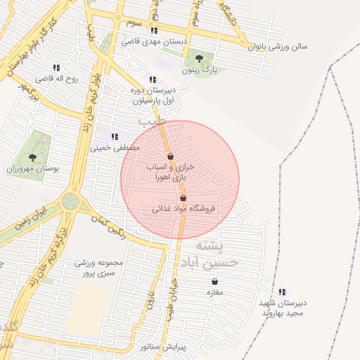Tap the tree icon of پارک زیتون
click(x=200, y=59)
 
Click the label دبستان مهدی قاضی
click(x=155, y=42)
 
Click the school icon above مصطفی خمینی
click(x=115, y=136)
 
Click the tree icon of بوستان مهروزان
click(x=32, y=157)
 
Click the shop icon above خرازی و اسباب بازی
click(x=170, y=156)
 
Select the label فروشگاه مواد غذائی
click(x=184, y=209)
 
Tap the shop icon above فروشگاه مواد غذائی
click(x=184, y=198)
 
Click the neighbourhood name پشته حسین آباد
click(x=215, y=254)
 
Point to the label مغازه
click(x=214, y=292)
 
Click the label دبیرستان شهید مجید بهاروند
click(x=282, y=308)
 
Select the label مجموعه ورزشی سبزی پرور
click(x=98, y=268)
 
